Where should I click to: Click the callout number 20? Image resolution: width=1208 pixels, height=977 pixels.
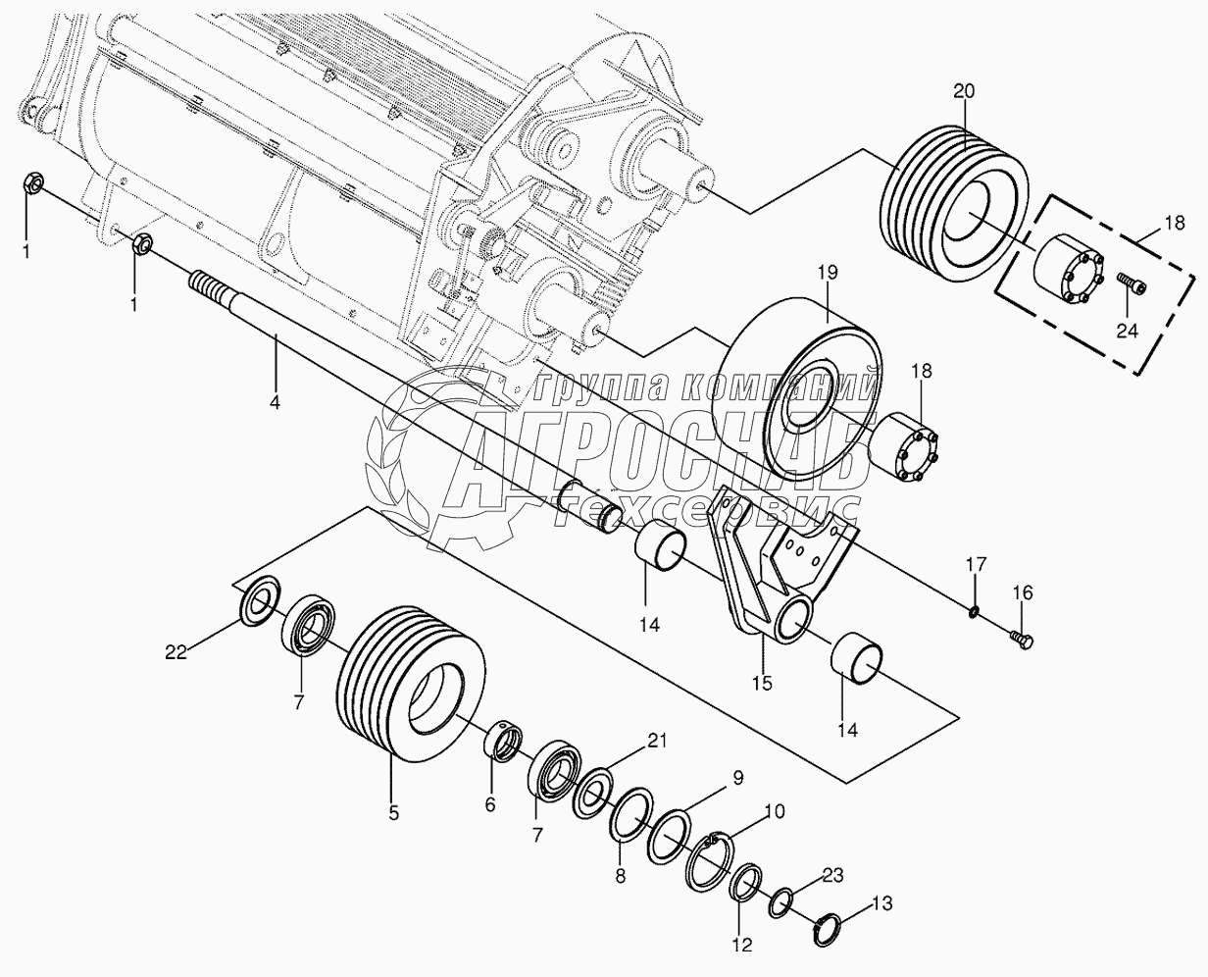[x=964, y=91]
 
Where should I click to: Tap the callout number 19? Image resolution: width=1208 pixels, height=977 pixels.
[x=828, y=273]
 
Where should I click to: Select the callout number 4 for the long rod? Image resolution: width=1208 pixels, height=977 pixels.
[x=275, y=402]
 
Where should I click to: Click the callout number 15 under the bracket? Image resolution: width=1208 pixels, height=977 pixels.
[x=763, y=683]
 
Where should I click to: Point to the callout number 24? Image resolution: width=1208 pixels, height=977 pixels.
[x=1128, y=331]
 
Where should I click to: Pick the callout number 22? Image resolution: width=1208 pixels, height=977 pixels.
[x=176, y=652]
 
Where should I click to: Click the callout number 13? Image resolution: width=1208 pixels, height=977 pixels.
[x=881, y=902]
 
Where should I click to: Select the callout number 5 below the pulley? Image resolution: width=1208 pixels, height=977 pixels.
[x=393, y=813]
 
